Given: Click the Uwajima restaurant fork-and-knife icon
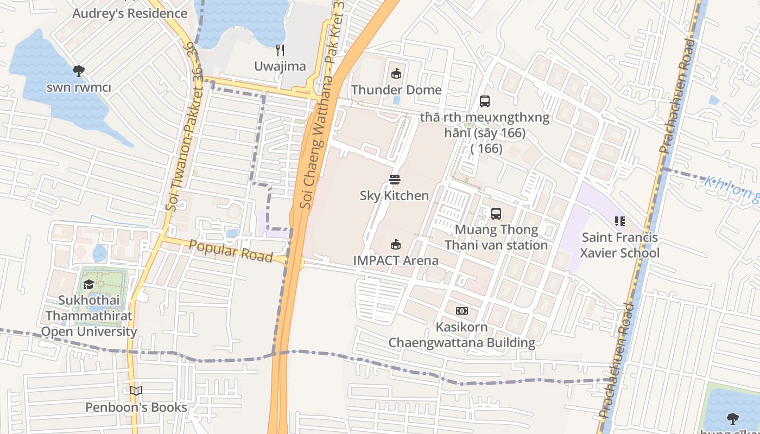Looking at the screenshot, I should (x=280, y=50).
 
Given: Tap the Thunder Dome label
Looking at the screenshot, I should (x=396, y=90).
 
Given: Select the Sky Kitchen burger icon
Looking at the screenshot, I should (x=395, y=180).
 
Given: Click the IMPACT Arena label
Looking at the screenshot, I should (x=396, y=260).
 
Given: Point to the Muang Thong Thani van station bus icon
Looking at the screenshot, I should (x=496, y=214).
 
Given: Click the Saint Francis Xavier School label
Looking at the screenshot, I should (x=619, y=245).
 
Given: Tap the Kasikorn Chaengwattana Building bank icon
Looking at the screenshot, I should (x=462, y=311).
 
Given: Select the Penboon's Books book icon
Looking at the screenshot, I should (x=136, y=391).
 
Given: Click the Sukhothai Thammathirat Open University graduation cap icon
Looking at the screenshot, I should (x=88, y=284).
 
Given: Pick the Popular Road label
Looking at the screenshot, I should (x=231, y=251).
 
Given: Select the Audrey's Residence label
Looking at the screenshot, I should (x=130, y=14).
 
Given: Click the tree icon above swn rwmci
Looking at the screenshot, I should (x=79, y=71).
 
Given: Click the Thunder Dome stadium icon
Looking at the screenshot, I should (x=396, y=74).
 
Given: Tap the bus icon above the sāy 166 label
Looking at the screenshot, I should (x=485, y=101).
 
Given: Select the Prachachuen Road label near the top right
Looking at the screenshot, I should (x=676, y=95).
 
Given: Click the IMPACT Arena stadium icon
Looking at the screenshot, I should (x=396, y=245).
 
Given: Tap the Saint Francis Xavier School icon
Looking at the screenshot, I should (x=619, y=221).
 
